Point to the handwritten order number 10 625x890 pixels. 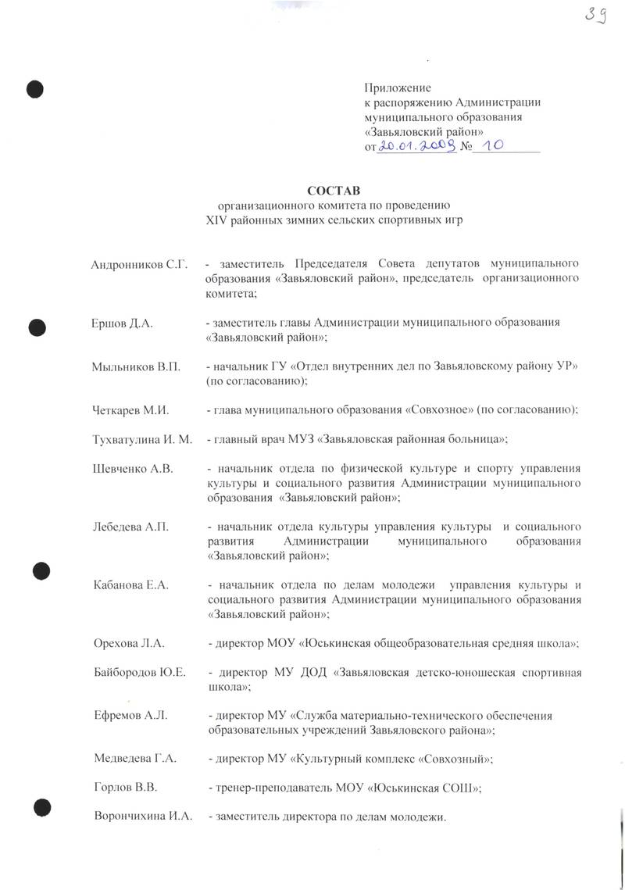point(495,145)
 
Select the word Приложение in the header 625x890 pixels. point(398,88)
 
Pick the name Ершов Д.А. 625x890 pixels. point(123,323)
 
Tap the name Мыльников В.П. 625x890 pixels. point(137,366)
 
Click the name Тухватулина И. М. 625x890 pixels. point(142,439)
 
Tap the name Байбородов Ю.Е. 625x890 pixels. point(139,673)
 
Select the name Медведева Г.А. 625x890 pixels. point(135,758)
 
